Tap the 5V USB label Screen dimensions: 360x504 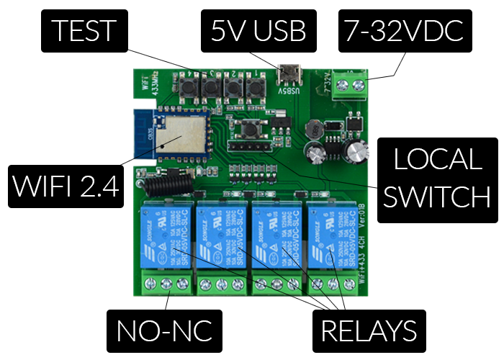[258, 31]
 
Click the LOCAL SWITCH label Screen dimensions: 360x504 [431, 178]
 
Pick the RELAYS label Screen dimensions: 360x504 [369, 330]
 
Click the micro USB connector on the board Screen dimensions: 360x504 [290, 73]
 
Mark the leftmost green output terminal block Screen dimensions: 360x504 [163, 284]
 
